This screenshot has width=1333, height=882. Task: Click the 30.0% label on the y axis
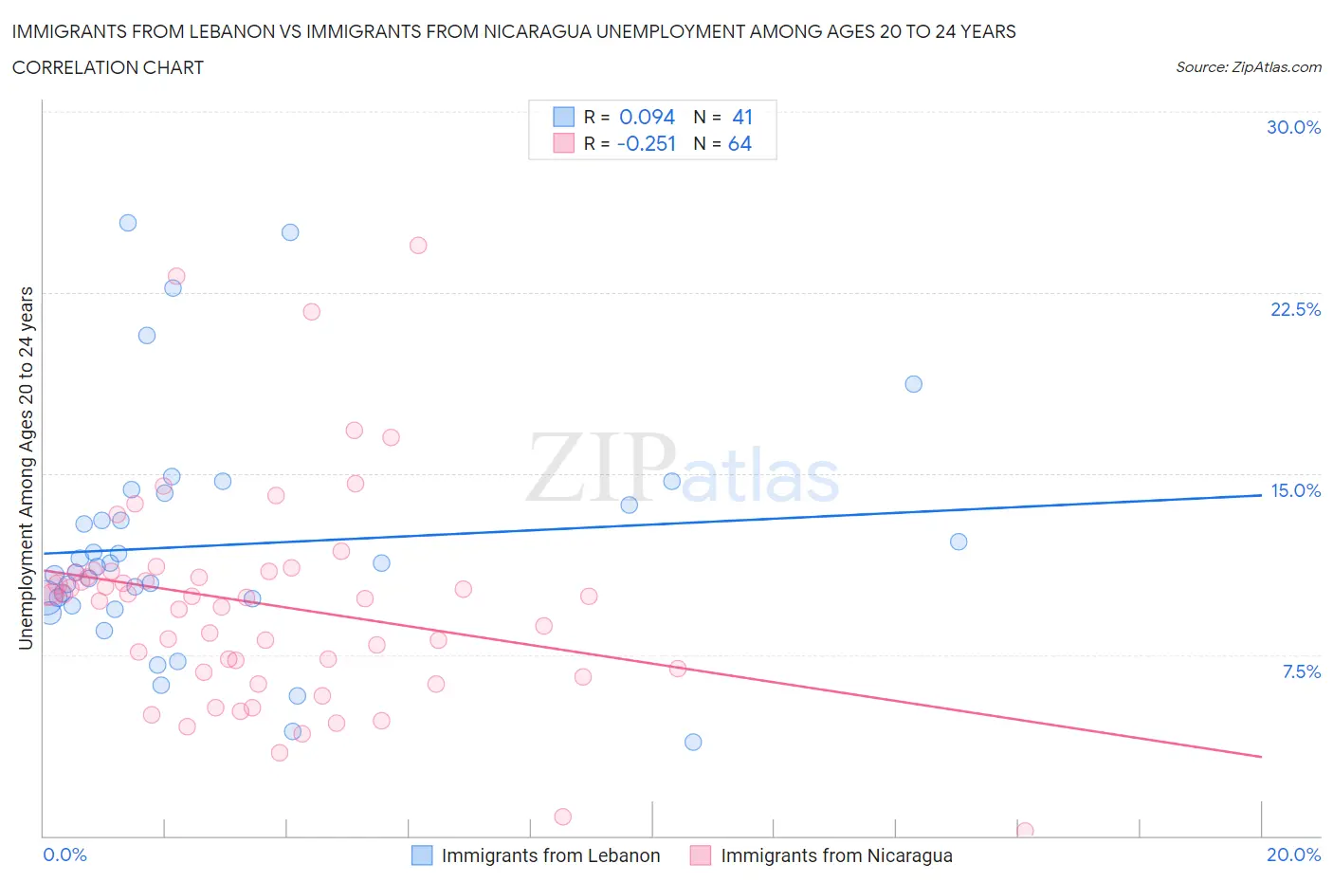1293,127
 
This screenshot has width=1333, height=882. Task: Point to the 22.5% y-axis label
1295,309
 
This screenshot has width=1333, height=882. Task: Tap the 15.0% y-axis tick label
1295,490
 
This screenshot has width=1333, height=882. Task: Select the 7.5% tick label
1301,671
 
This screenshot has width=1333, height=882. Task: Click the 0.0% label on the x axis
65,854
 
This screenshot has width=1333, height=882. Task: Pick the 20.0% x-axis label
1293,854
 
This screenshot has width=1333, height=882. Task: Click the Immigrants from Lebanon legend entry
550,855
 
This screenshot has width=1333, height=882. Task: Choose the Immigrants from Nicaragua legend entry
836,855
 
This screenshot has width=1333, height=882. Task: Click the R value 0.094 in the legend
647,117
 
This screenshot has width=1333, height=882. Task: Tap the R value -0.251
647,143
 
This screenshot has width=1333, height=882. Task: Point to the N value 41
742,117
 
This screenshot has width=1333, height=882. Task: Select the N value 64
740,143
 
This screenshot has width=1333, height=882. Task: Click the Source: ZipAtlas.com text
1248,67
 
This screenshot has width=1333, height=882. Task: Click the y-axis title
26,468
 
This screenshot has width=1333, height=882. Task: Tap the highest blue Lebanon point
128,223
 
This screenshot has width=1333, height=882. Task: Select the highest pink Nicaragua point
418,245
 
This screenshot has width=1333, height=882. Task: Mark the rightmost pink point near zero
1025,830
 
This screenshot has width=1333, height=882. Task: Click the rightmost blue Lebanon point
959,542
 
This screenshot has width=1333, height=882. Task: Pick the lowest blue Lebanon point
693,742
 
